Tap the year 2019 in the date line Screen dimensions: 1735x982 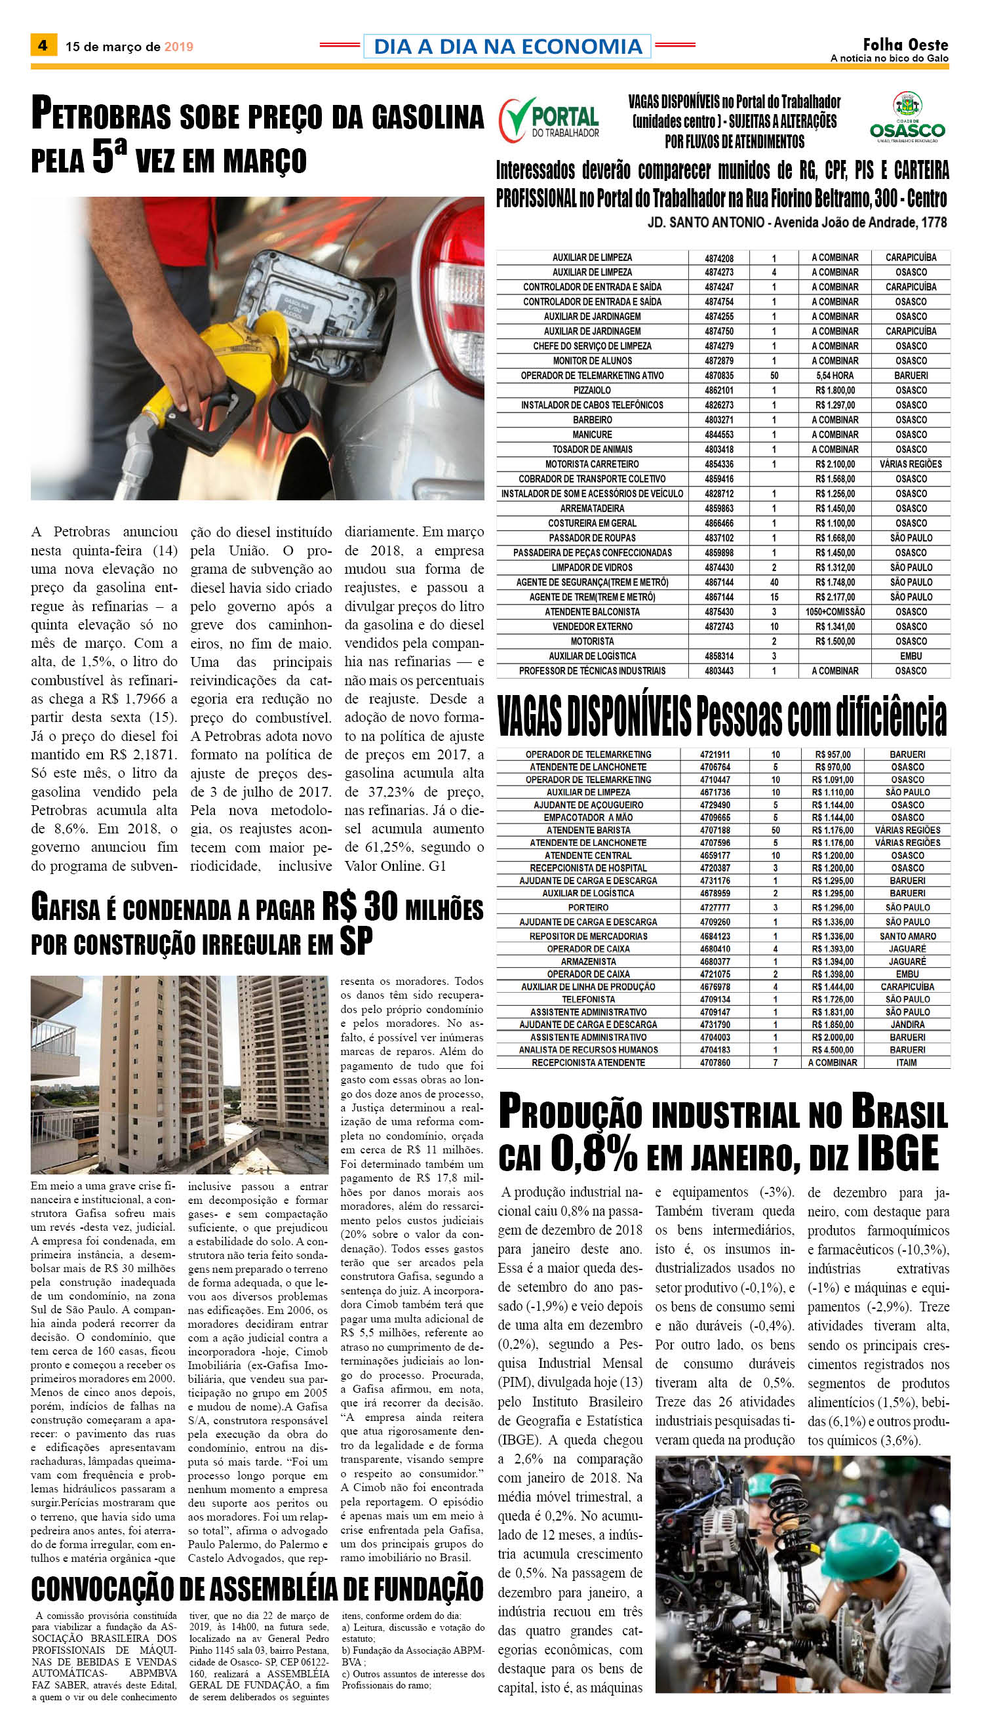pyautogui.click(x=179, y=47)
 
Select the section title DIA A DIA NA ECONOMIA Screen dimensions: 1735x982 pyautogui.click(x=507, y=47)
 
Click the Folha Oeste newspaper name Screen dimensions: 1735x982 pyautogui.click(x=905, y=45)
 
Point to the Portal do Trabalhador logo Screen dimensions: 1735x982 pyautogui.click(x=548, y=119)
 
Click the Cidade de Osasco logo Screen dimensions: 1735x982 pyautogui.click(x=907, y=118)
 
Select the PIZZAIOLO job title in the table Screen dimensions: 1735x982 pyautogui.click(x=591, y=391)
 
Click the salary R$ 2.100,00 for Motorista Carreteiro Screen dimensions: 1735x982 pyautogui.click(x=835, y=464)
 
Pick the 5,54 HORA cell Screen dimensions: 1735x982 pyautogui.click(x=835, y=376)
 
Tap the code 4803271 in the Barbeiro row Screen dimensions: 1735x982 pyautogui.click(x=719, y=420)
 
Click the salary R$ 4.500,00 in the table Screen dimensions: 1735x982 pyautogui.click(x=833, y=1050)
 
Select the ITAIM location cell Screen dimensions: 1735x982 pyautogui.click(x=907, y=1062)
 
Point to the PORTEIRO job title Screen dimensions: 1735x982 pyautogui.click(x=588, y=907)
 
